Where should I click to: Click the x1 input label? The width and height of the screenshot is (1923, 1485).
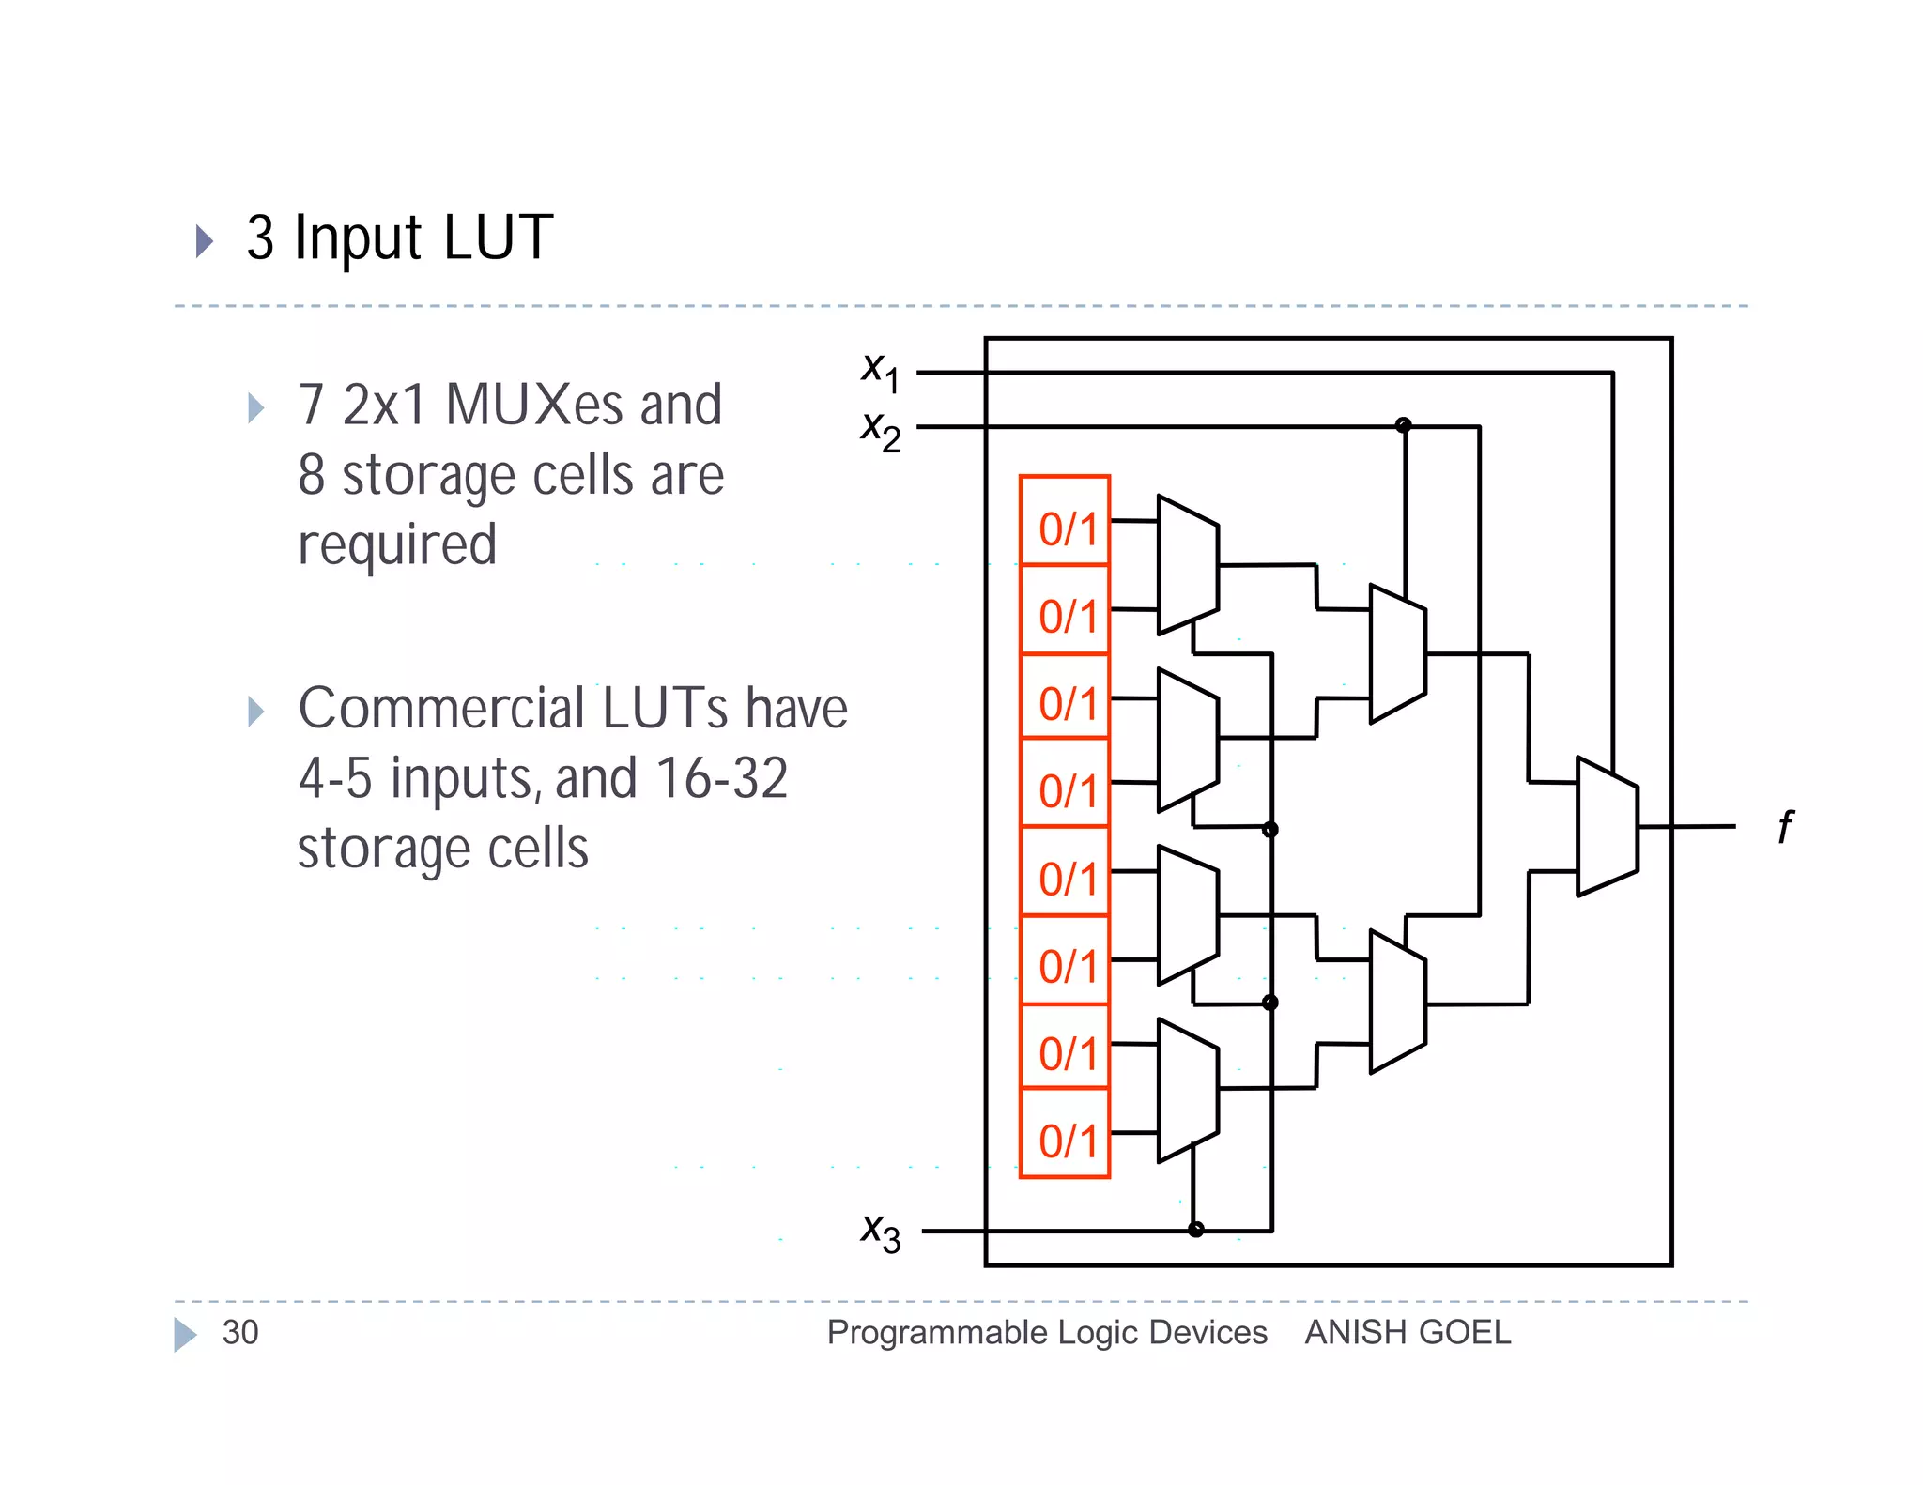point(880,370)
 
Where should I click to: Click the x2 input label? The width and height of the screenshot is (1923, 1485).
point(880,431)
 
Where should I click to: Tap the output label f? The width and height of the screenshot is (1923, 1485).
point(1784,827)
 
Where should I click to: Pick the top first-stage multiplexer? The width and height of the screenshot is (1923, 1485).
point(1188,565)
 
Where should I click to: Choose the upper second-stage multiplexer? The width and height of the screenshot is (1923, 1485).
point(1397,653)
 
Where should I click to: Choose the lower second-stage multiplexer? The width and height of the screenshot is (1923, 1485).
point(1397,1002)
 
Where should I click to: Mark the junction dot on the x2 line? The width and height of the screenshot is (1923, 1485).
point(1403,425)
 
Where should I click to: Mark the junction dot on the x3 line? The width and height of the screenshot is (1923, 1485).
point(1195,1230)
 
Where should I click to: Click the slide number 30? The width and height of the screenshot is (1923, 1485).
point(240,1333)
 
